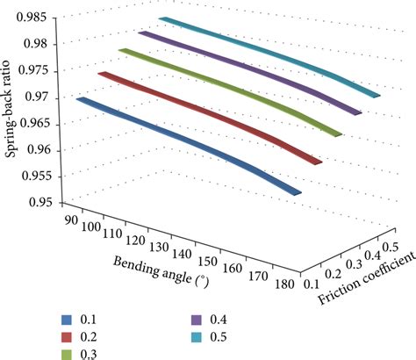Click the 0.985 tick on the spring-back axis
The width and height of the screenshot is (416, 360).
point(31,18)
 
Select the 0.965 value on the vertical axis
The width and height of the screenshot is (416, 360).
point(36,124)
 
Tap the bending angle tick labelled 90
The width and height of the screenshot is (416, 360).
point(72,220)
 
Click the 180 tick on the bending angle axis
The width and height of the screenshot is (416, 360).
point(284,284)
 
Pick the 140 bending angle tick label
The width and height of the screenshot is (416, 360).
point(182,254)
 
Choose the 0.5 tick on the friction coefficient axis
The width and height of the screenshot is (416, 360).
point(391,248)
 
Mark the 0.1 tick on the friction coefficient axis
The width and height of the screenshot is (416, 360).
point(312,284)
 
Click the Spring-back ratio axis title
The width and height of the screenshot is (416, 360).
point(11,109)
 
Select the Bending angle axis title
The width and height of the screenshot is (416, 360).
point(161,272)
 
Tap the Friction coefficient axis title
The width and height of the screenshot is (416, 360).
point(367,278)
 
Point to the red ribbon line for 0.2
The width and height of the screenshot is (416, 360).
point(209,116)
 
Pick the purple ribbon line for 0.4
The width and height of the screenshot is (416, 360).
point(249,71)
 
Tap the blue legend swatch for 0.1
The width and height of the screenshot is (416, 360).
point(67,320)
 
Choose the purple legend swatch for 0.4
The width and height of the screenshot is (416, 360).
point(196,320)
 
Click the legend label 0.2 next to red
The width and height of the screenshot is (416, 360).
point(89,337)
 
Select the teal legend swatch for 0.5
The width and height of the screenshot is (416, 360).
point(196,337)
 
